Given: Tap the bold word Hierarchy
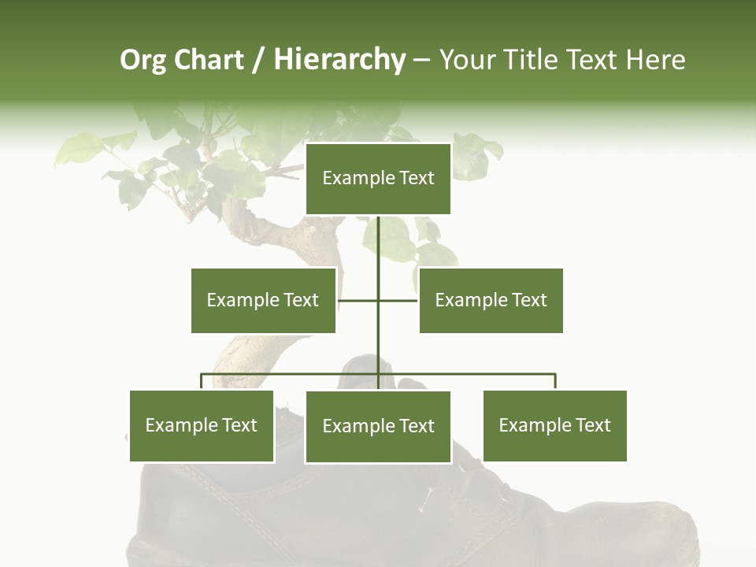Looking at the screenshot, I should [339, 60].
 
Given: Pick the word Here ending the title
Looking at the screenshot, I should [655, 60].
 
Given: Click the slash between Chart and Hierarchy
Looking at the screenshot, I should [258, 61].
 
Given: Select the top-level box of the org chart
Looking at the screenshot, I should [378, 179].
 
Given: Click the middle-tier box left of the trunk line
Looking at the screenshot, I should [263, 300].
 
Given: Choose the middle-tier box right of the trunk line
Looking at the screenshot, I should [491, 300].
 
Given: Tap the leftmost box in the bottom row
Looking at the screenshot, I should [202, 426].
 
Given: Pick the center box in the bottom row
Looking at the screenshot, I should [378, 427].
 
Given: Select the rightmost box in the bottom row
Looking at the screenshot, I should [555, 426].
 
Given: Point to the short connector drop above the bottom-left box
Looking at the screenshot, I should [202, 382].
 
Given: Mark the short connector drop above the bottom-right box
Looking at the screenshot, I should [555, 382].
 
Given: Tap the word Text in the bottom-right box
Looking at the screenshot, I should [593, 426].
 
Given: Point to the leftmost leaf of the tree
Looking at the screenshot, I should [75, 150].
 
